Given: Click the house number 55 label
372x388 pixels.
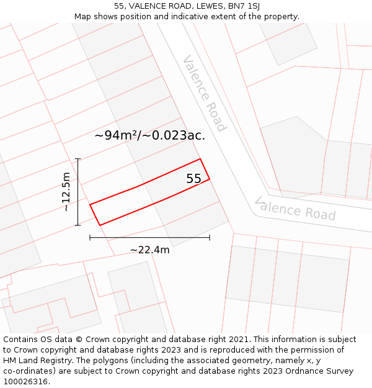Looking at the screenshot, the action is coord(194,179).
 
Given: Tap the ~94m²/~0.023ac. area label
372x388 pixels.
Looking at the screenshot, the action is coord(150,135).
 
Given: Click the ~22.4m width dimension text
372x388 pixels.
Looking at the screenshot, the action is coord(149,250).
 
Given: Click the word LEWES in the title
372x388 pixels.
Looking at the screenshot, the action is coord(202,6).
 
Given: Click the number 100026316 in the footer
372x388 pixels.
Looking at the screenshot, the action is coord(26,381).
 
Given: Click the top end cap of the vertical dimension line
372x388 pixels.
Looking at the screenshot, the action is coord(77,159).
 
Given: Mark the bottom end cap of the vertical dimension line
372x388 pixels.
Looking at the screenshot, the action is coord(77,225).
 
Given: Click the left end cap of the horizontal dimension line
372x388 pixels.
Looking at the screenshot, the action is coord(90,237).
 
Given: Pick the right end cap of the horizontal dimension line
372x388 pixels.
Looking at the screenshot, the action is coord(210,237).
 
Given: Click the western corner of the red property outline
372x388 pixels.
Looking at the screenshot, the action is coord(90,204).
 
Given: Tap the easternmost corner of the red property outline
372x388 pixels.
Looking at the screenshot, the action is coord(210,179).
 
